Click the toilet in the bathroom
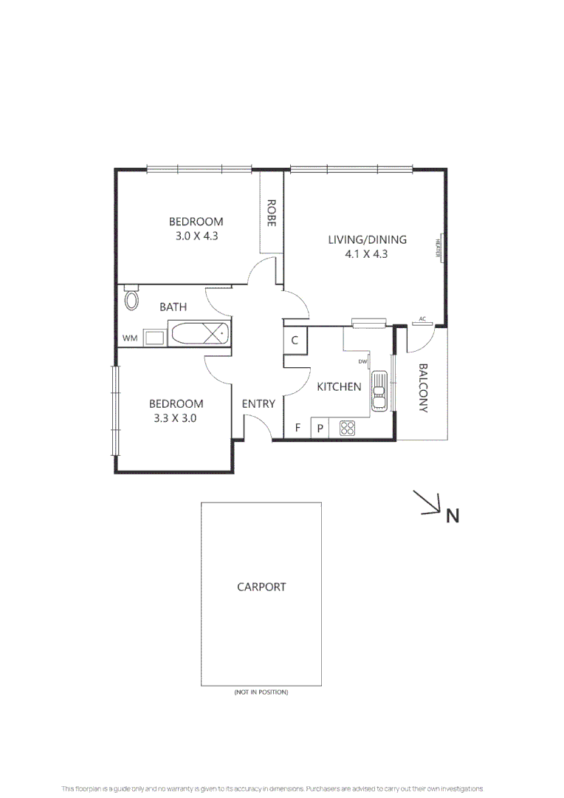click(131, 299)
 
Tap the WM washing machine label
click(130, 338)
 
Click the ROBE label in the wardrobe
click(271, 213)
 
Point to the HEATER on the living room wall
click(438, 246)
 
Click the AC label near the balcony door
click(422, 319)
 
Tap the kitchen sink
click(379, 389)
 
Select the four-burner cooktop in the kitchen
click(347, 428)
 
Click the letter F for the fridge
click(298, 428)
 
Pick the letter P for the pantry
click(320, 428)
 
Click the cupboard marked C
click(294, 341)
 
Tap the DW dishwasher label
click(362, 361)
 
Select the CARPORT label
click(261, 587)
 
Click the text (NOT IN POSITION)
click(261, 692)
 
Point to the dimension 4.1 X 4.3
click(368, 253)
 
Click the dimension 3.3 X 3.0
click(176, 417)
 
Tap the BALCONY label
click(423, 388)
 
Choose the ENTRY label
click(258, 403)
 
